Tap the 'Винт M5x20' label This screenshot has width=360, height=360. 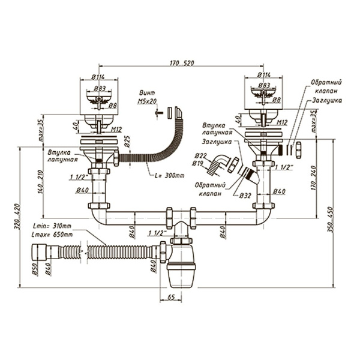[x=146, y=98]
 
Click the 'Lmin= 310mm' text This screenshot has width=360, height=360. [x=53, y=226]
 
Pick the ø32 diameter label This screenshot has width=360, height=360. [x=245, y=196]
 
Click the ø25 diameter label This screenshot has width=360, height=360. [x=127, y=143]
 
